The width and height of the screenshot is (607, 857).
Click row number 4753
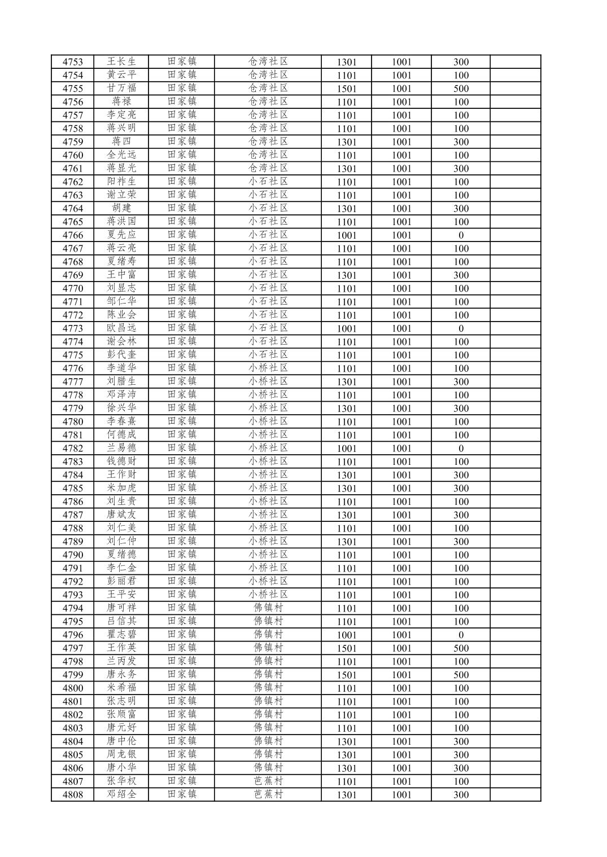(72, 62)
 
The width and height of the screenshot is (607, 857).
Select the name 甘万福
(121, 89)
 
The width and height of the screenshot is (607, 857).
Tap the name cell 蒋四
(121, 142)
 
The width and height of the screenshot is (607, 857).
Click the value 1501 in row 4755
(347, 89)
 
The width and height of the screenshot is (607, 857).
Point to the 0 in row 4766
(461, 235)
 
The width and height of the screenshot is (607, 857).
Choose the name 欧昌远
(121, 328)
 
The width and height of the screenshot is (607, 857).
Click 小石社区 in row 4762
(268, 182)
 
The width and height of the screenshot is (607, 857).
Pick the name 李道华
(121, 368)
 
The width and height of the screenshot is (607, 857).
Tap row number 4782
(72, 449)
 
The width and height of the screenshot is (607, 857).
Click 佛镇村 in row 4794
(268, 608)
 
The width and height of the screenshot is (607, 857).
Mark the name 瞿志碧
(121, 635)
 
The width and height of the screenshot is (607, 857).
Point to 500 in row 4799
(461, 675)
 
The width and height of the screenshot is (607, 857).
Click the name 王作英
(121, 648)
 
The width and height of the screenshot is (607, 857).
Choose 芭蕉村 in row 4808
(268, 794)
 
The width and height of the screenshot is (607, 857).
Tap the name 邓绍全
(121, 794)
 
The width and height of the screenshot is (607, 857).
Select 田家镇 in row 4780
(182, 421)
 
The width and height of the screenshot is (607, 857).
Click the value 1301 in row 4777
(347, 382)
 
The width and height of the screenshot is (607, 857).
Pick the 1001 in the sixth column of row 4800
(401, 688)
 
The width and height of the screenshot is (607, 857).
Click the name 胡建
(121, 208)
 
